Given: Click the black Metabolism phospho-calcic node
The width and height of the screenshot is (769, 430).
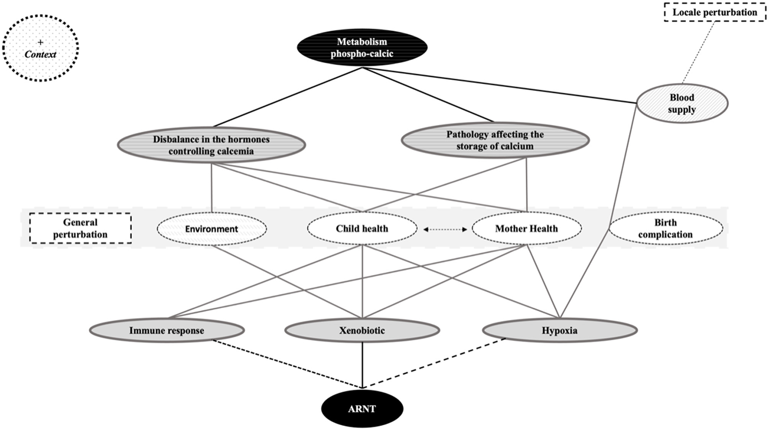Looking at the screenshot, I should [362, 48].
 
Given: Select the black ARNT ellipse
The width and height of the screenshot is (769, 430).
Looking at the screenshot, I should [362, 408].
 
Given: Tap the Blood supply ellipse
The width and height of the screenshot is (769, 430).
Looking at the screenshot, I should [682, 103].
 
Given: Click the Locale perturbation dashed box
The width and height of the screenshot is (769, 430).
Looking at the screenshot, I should [714, 13].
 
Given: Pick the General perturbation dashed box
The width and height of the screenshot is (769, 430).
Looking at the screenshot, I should [80, 228].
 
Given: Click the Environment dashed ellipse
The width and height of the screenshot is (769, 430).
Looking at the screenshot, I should [211, 228].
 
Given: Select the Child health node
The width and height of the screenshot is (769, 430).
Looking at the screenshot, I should [362, 228].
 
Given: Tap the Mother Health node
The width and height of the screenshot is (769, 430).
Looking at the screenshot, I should [526, 228].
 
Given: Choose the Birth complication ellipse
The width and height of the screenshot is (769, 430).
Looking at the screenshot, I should [665, 228].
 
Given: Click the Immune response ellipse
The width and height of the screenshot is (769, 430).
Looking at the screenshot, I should [167, 330].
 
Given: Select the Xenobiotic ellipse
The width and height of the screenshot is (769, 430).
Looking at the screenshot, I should [362, 330].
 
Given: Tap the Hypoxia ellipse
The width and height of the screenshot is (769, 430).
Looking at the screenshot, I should [559, 330].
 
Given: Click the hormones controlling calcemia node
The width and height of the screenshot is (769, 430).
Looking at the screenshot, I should [211, 145].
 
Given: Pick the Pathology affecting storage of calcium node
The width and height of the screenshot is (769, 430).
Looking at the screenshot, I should [495, 140].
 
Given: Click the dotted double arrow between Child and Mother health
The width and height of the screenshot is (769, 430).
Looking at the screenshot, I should [445, 229].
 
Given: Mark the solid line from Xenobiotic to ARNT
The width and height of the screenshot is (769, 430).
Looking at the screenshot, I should [362, 364].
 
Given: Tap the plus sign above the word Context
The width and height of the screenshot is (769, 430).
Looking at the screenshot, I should [40, 42].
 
